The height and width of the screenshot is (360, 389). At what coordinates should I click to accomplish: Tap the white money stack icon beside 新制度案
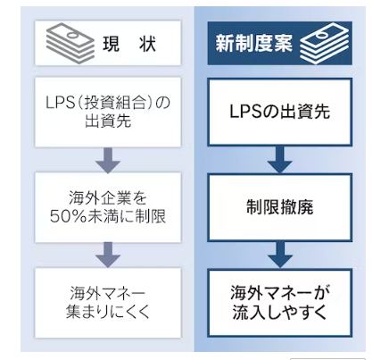[324, 44]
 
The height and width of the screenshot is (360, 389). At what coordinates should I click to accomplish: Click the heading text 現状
[129, 45]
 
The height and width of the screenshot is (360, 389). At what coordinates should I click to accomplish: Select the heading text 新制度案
[253, 44]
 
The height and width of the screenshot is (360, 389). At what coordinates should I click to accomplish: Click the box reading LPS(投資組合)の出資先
[108, 113]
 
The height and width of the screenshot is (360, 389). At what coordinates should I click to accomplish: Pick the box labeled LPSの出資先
[280, 112]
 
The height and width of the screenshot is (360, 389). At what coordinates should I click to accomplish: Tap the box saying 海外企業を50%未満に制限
[108, 207]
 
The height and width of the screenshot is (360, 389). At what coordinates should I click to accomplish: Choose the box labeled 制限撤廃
[280, 207]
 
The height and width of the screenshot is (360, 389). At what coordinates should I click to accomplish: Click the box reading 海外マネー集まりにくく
[108, 303]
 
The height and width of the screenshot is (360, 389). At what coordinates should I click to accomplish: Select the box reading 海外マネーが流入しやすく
[280, 303]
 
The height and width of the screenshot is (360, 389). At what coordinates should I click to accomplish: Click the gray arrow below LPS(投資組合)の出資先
[108, 160]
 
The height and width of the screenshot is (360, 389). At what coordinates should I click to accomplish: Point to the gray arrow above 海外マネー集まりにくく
[108, 255]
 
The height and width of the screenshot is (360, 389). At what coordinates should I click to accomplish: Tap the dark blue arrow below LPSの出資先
[280, 160]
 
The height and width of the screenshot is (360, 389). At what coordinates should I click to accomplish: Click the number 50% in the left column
[69, 216]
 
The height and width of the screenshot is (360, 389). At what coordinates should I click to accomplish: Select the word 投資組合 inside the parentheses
[116, 103]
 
